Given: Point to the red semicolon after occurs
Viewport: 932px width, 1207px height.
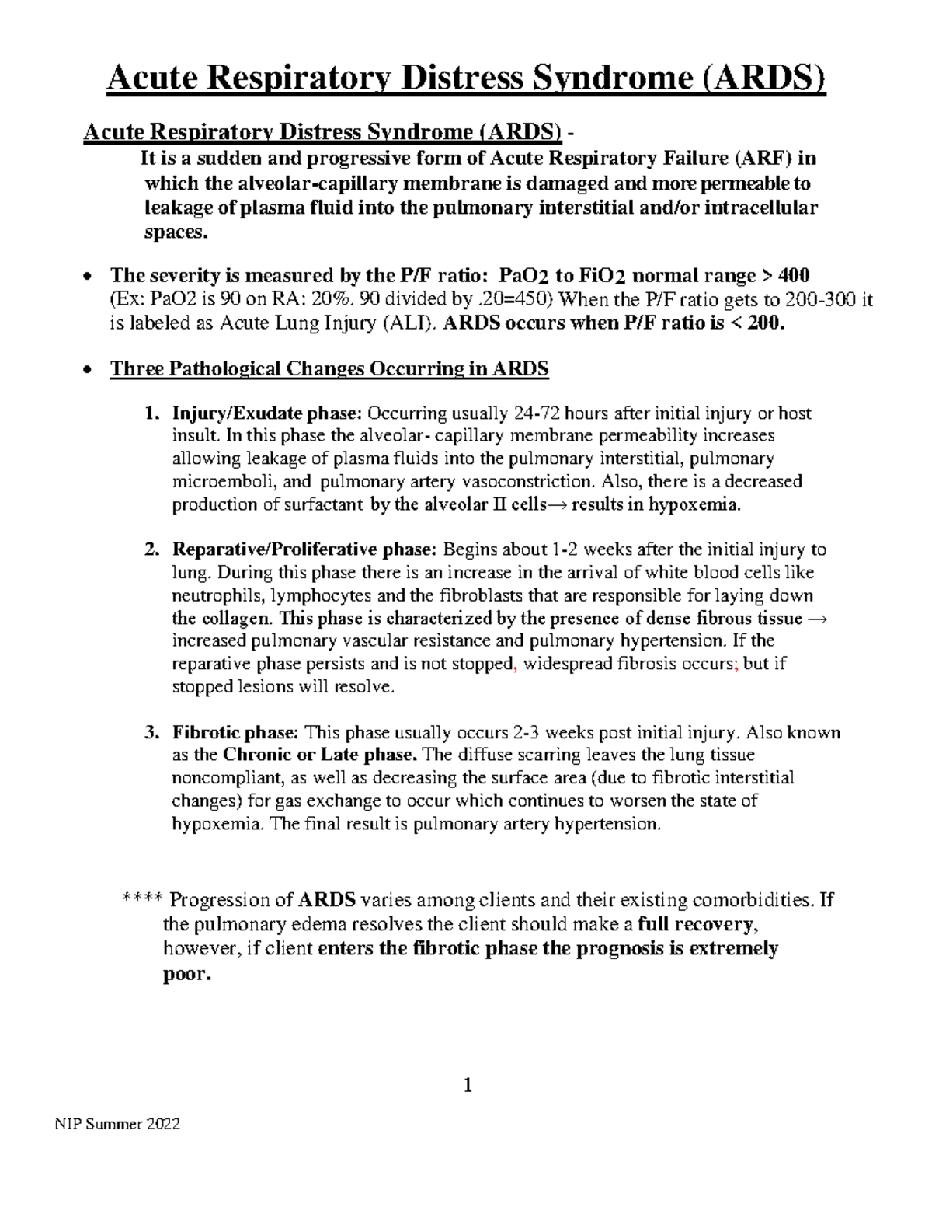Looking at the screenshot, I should pyautogui.click(x=736, y=665).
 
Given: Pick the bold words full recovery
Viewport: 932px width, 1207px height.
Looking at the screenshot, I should pyautogui.click(x=697, y=925).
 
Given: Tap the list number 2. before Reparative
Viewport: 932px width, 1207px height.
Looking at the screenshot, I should pyautogui.click(x=152, y=549).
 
